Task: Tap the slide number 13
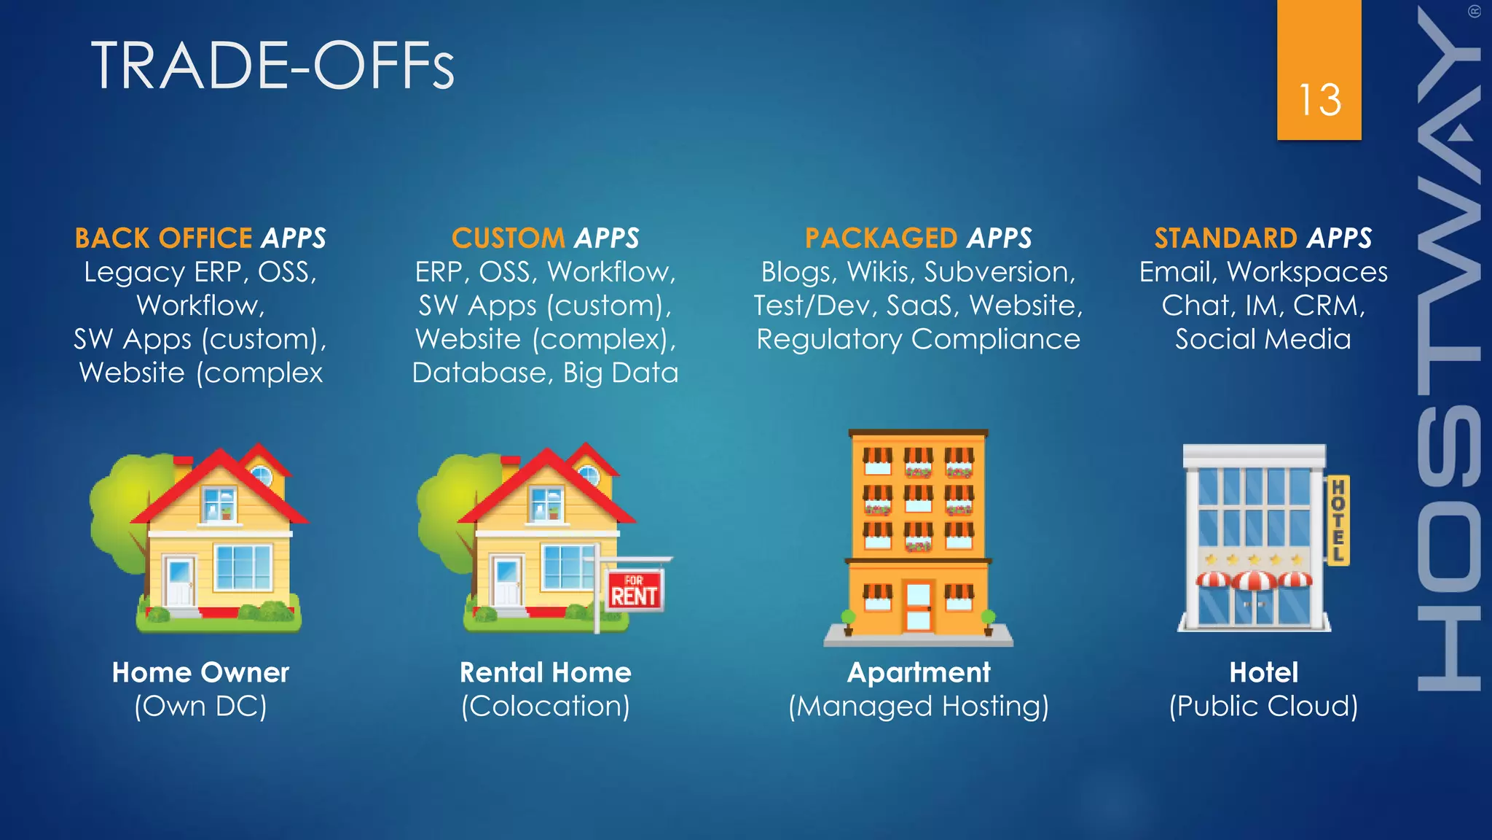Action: (x=1319, y=100)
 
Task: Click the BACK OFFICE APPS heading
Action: (x=200, y=238)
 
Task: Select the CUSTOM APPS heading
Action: (x=545, y=238)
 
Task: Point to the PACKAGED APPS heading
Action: (x=918, y=238)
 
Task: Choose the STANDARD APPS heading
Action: (x=1263, y=238)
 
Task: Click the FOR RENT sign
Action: (x=634, y=591)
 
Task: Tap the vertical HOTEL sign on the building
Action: (x=1338, y=520)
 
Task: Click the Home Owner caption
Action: (x=200, y=672)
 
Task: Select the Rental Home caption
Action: (x=545, y=672)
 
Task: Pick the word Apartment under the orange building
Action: (x=918, y=672)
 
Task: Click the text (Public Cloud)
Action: (x=1263, y=706)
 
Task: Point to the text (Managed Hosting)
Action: (x=918, y=706)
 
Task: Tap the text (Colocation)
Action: (x=545, y=706)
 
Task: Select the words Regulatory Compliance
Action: (x=918, y=339)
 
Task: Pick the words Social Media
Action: (x=1263, y=339)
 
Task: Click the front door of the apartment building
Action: (x=918, y=605)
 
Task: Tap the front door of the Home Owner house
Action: (x=178, y=582)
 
